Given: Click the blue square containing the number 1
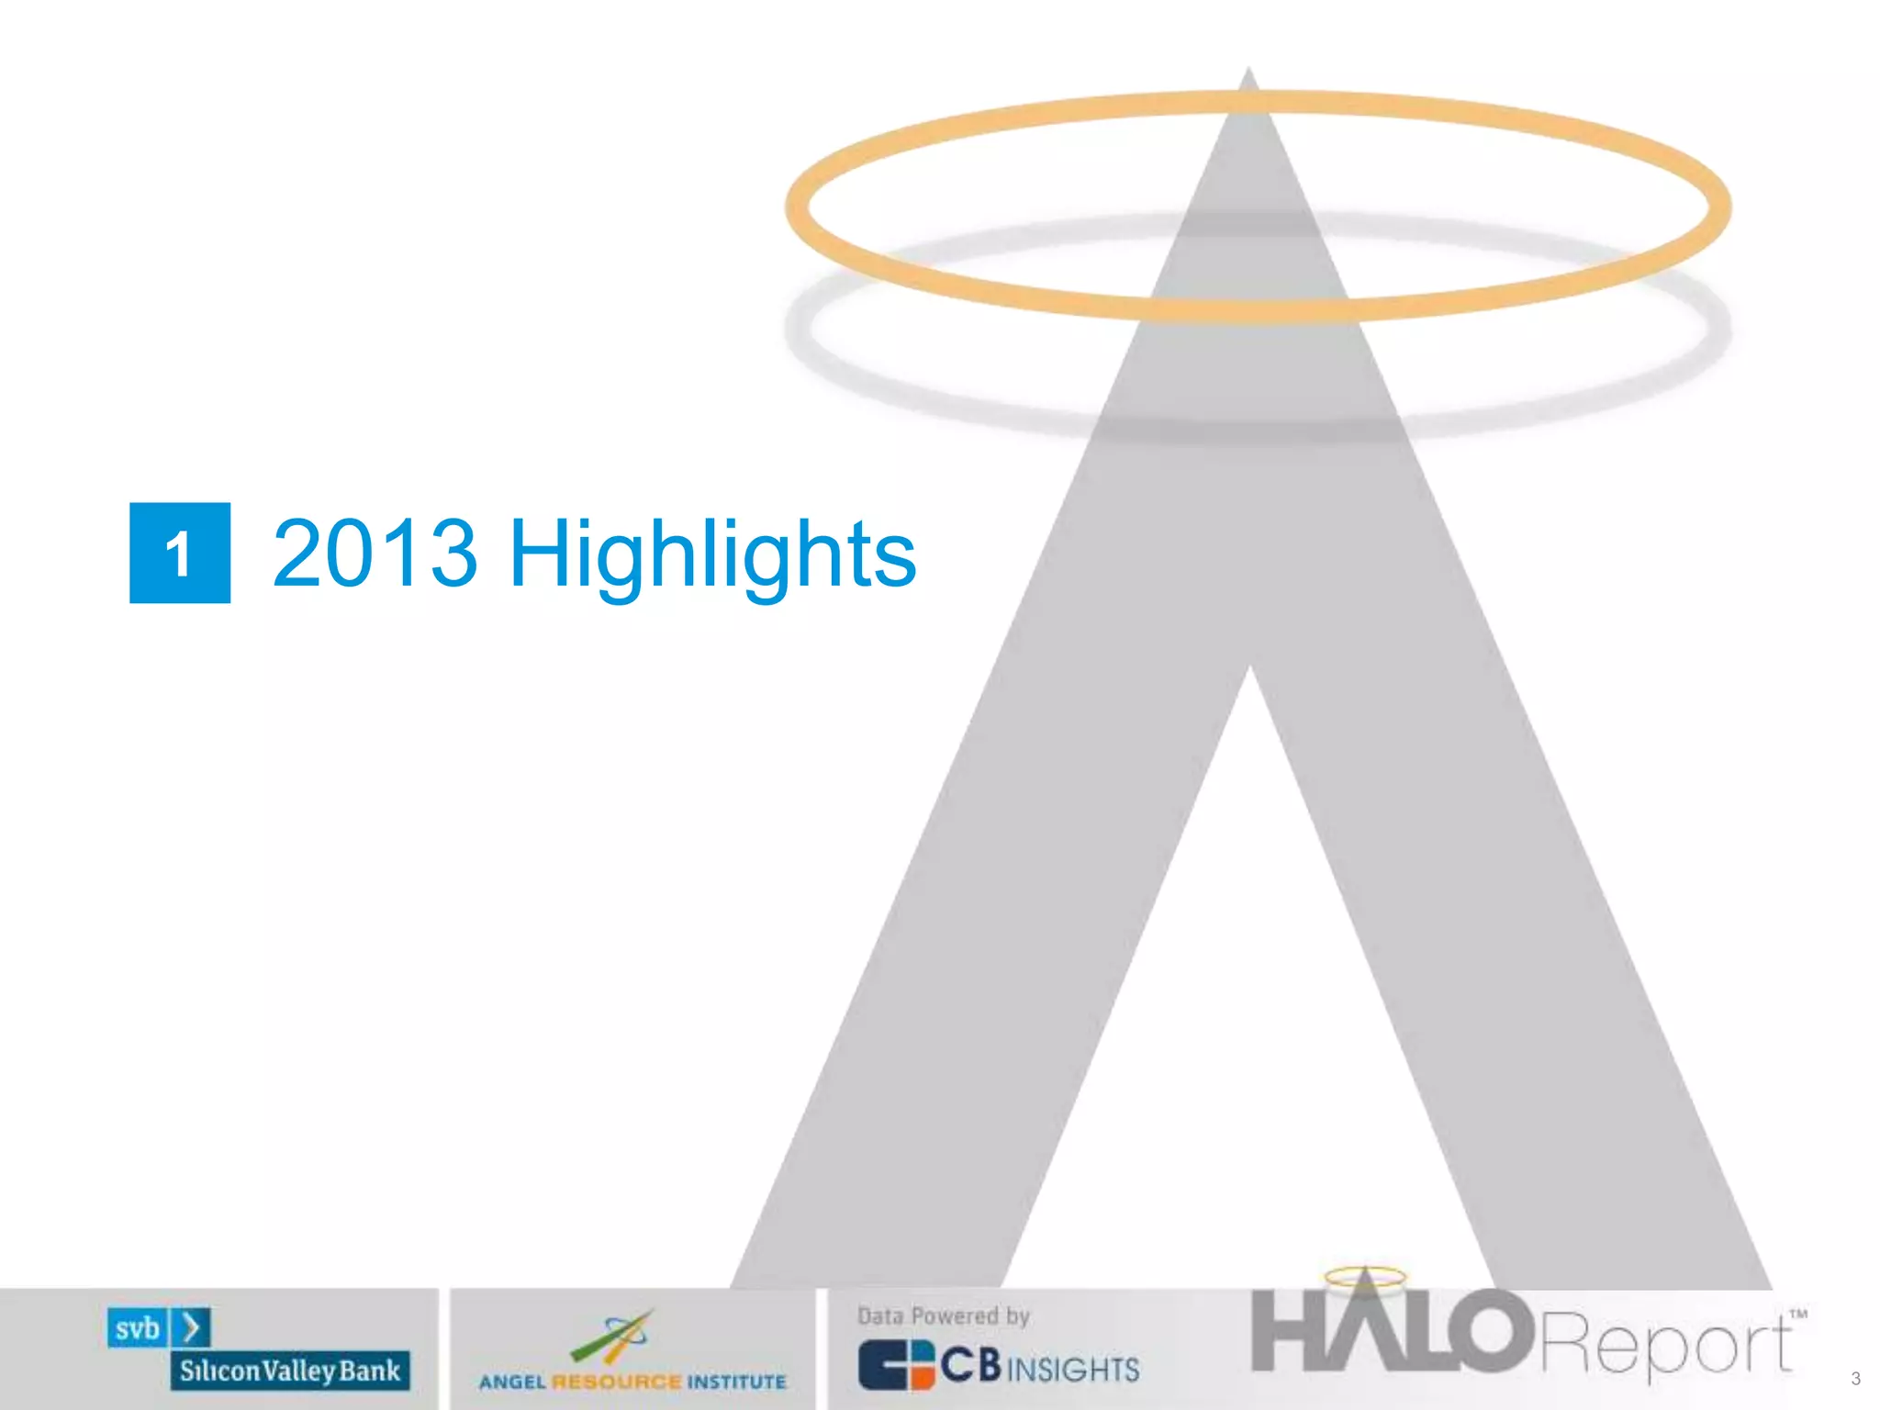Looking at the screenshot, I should pos(180,553).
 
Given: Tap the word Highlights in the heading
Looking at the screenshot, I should pos(711,555).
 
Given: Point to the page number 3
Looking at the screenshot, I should pos(1855,1378).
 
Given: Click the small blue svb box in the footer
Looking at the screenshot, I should pos(138,1328).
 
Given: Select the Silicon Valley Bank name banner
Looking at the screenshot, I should pos(289,1371).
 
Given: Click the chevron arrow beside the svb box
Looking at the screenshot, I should pos(192,1327).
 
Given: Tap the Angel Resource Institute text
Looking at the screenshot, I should pos(632,1382).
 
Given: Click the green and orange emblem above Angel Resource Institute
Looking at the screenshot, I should pos(612,1337).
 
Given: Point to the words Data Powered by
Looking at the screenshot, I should pos(944,1316).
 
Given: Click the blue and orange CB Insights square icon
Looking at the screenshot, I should pos(896,1365).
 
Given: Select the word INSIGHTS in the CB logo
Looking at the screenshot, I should pos(1073,1370).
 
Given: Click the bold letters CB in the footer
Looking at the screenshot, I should pos(970,1365).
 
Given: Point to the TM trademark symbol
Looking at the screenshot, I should pos(1798,1314).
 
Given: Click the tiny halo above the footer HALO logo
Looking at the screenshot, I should pos(1365,1276).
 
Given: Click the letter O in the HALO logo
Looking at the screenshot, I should pos(1493,1331).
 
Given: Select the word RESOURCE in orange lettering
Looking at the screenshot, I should pos(617,1382).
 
